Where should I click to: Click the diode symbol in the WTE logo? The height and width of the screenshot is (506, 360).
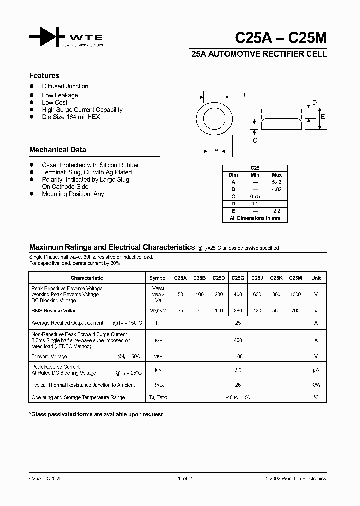pos(47,37)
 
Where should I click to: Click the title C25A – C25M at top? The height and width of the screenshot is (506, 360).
pos(281,38)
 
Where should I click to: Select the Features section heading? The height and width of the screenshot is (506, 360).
pos(44,76)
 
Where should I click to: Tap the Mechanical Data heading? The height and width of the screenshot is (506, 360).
pos(57,150)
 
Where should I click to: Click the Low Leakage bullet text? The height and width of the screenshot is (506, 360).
pos(60,95)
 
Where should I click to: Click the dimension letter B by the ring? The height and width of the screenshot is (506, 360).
pos(243,95)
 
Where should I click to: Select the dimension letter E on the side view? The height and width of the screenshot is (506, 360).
pos(323,117)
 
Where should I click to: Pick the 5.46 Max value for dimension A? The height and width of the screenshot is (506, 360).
pos(276,182)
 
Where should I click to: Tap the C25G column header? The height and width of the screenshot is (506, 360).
pos(238,278)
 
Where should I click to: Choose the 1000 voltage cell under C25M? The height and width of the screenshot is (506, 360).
pos(295,295)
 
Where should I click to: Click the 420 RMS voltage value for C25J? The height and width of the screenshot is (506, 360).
pos(257,311)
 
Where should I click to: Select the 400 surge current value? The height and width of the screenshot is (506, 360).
pos(238,340)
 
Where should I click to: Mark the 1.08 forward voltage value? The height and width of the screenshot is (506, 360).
pos(238,357)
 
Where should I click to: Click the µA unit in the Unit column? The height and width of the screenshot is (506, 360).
pos(316,370)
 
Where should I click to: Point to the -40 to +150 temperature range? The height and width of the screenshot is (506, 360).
pos(238,398)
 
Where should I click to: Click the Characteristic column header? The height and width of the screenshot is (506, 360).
pos(87,278)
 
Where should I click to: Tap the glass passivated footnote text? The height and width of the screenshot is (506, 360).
pos(96,415)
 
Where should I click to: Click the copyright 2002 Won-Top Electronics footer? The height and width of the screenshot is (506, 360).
pos(295,479)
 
